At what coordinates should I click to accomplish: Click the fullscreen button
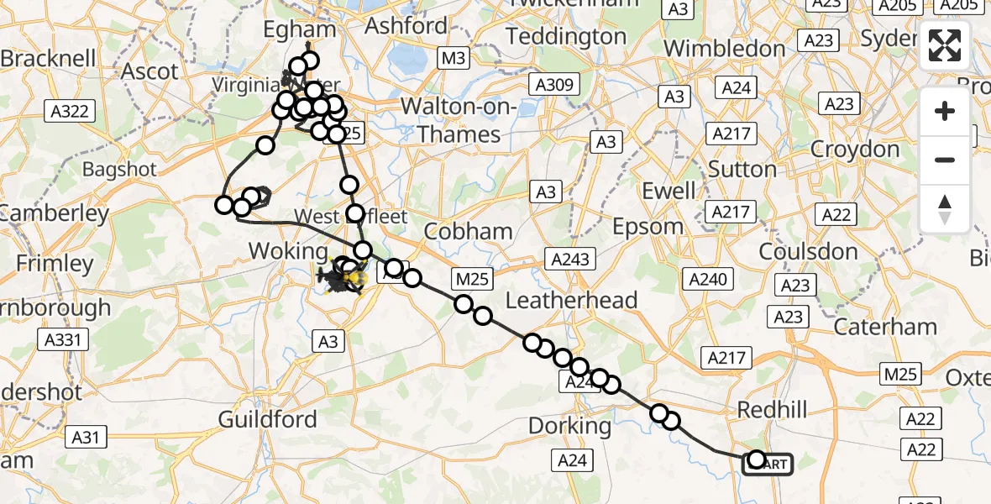click(945, 46)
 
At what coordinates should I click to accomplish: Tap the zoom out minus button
click(945, 160)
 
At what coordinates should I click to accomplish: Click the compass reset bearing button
click(945, 208)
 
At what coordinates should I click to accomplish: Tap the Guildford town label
click(268, 419)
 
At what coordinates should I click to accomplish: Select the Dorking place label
click(570, 426)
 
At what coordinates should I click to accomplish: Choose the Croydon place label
click(855, 150)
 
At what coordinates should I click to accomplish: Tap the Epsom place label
click(648, 226)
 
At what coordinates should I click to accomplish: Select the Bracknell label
click(44, 59)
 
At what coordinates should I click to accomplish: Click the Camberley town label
click(55, 213)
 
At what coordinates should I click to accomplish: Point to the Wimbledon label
click(724, 48)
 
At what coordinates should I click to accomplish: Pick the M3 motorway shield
click(454, 58)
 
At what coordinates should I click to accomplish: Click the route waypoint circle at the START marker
click(757, 459)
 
